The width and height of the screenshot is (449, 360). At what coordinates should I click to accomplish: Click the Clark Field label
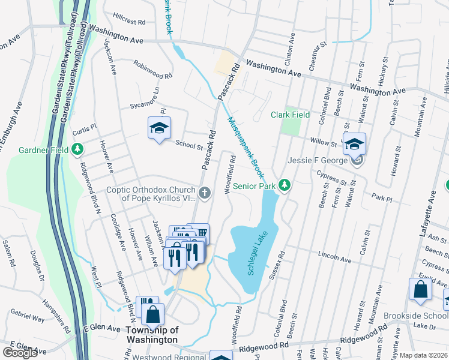point(290,115)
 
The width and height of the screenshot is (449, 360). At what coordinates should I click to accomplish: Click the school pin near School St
point(159,128)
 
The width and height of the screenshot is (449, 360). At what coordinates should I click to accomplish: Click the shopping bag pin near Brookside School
point(420,289)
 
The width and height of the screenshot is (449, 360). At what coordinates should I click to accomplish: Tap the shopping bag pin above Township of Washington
point(154,313)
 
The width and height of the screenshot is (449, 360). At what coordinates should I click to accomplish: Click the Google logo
point(20,353)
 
